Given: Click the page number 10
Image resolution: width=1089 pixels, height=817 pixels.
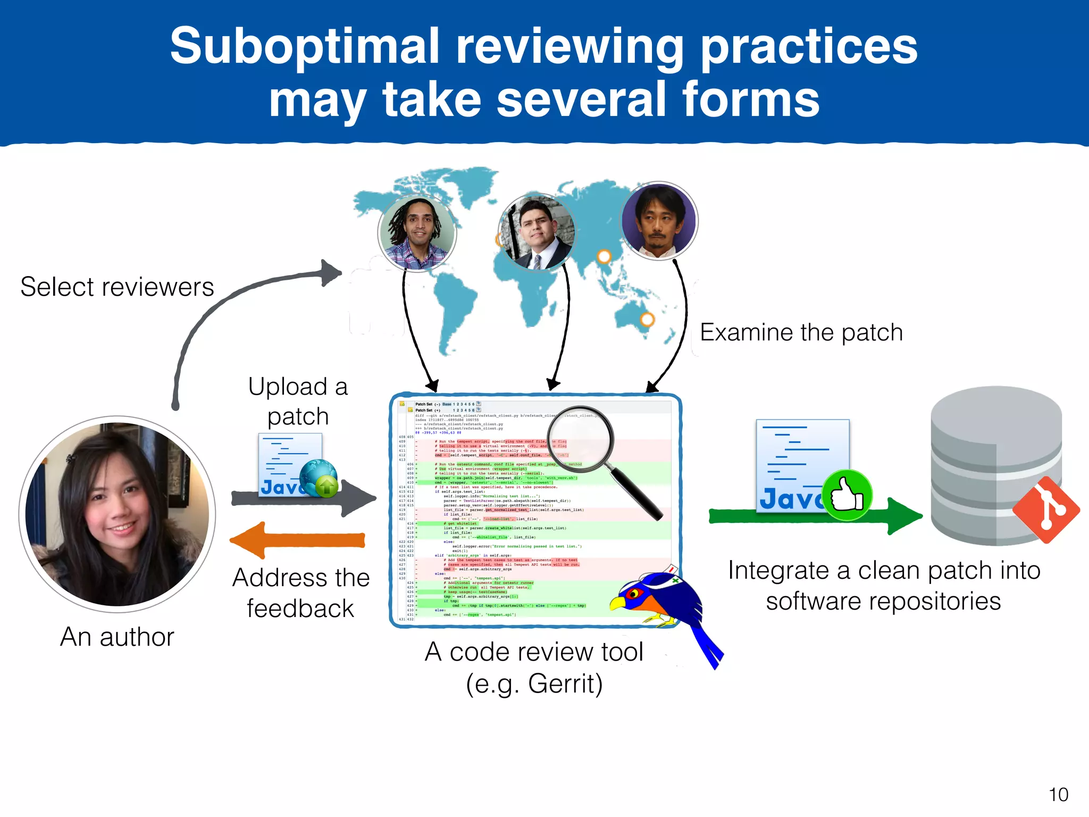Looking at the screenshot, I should click(1058, 795).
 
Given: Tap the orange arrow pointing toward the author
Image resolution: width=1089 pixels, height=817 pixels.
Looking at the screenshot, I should click(298, 540).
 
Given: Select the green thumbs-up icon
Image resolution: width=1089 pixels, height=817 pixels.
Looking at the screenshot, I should click(847, 496).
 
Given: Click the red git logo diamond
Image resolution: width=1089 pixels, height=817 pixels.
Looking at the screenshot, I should click(1046, 510).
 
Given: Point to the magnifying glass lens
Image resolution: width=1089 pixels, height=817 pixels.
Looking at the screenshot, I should click(580, 439).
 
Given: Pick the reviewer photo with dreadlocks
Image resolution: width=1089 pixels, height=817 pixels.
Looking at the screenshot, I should click(417, 233).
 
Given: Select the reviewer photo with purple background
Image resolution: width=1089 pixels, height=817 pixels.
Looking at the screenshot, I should click(659, 220).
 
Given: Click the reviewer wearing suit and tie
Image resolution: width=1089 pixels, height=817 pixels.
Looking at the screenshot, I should click(537, 232).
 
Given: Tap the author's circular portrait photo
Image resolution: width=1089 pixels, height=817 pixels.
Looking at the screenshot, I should click(117, 514).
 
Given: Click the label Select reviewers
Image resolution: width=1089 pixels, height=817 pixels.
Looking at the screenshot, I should click(117, 287).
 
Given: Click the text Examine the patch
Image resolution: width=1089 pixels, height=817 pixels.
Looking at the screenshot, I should click(801, 332).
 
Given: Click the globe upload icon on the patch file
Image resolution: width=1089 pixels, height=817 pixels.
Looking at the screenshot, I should click(319, 478).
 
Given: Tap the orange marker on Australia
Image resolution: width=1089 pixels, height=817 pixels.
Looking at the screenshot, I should click(647, 320).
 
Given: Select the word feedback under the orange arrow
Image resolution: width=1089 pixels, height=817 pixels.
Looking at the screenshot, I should click(300, 608).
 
